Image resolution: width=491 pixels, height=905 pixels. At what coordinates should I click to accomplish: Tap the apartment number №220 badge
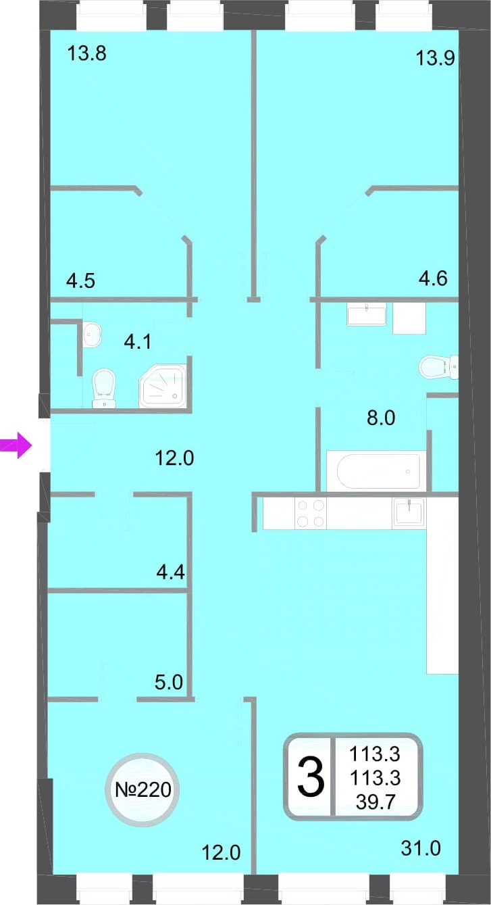(143, 789)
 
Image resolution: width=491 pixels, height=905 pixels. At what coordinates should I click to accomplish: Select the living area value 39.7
(375, 802)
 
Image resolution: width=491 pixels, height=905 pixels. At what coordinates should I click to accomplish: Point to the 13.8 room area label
(87, 53)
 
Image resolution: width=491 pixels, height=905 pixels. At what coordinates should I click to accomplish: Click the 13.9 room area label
(435, 58)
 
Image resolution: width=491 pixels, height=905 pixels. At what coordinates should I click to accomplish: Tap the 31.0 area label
(421, 848)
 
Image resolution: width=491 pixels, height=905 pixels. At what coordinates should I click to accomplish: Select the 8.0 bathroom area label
(381, 418)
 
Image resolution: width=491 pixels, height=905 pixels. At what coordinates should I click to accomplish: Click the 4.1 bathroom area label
(138, 342)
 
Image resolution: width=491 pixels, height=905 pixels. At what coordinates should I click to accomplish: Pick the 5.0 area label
(169, 682)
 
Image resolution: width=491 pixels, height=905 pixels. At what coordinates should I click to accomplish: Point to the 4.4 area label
(170, 572)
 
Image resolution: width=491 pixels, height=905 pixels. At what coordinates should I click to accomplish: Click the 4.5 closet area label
(81, 280)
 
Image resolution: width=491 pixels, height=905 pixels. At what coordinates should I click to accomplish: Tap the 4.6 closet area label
(433, 278)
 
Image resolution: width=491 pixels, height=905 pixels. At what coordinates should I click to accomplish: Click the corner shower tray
(163, 386)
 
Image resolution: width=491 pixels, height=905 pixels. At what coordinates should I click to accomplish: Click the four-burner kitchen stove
(311, 513)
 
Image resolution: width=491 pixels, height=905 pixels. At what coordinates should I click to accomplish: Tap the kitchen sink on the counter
(409, 512)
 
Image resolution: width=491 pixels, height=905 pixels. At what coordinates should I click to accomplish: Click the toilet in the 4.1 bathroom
(104, 388)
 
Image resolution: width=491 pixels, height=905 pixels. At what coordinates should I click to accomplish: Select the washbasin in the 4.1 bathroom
(92, 334)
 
